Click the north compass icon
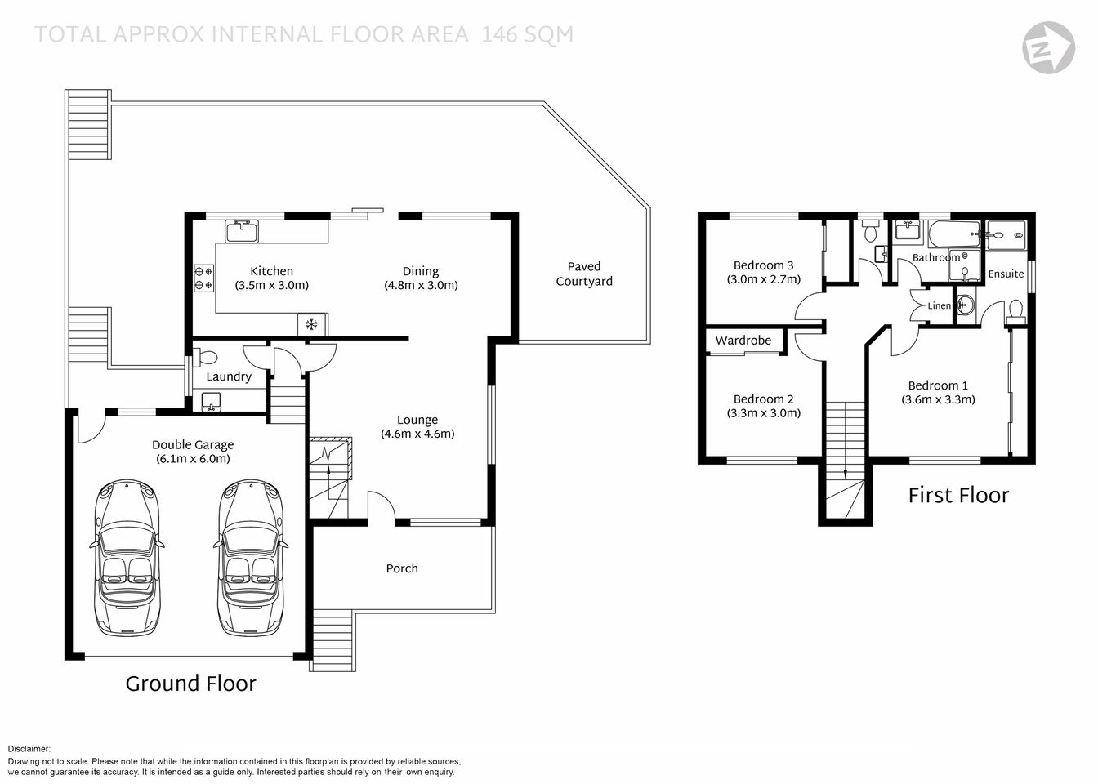click(x=1048, y=47)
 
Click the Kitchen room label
click(x=271, y=271)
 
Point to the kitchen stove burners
click(x=203, y=278)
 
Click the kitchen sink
click(x=242, y=232)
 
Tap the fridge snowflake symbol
click(x=310, y=325)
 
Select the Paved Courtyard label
click(x=583, y=274)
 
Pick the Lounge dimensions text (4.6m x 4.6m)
click(x=417, y=434)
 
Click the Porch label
click(x=401, y=568)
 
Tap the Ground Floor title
click(x=190, y=684)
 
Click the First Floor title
click(x=958, y=495)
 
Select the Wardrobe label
click(x=743, y=341)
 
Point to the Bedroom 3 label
click(x=763, y=265)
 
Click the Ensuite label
click(x=1005, y=274)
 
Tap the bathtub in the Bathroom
click(x=953, y=234)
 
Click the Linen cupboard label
click(x=939, y=306)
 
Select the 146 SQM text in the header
click(x=527, y=34)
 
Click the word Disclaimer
click(x=29, y=748)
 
